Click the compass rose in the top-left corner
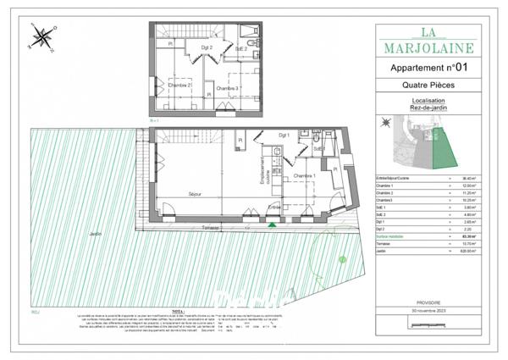tap(41, 36)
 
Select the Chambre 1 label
tap(305, 176)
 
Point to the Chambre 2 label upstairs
tap(178, 86)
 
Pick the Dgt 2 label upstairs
tap(207, 48)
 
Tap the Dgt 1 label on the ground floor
tap(284, 136)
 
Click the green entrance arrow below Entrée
tap(272, 225)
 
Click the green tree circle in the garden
tap(341, 258)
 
